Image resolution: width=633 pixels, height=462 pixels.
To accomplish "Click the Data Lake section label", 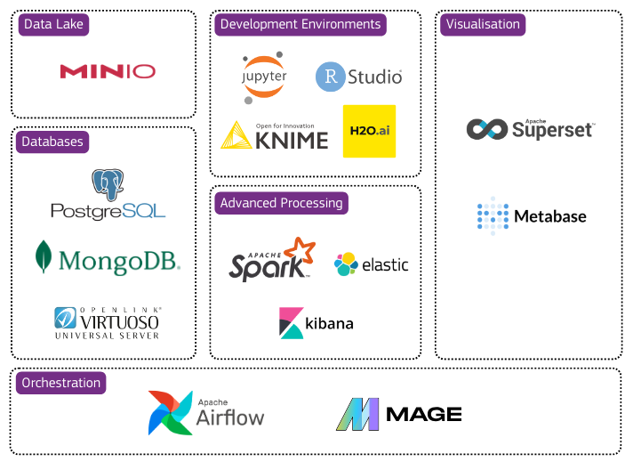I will point(53,25).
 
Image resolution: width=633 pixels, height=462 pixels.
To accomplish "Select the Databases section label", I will point(52,141).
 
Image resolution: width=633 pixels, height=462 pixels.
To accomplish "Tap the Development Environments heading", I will point(300,24).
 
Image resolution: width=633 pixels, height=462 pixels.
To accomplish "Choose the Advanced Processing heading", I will point(281,203).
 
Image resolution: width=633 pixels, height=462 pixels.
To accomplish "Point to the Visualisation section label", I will point(483,24).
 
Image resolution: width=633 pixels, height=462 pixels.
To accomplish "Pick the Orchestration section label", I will point(61,383).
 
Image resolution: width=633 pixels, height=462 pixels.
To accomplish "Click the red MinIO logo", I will point(108,71).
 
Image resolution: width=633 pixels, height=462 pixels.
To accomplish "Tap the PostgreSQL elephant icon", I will point(108,185).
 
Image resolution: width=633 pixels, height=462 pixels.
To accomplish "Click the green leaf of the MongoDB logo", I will point(43,256).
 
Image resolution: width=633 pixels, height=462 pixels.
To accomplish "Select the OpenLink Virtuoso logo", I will point(108,322).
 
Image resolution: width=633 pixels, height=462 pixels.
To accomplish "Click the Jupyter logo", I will point(265,76).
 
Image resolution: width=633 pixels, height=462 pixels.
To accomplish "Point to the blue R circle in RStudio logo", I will point(331,77).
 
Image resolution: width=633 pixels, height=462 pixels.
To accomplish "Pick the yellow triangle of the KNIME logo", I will point(236,135).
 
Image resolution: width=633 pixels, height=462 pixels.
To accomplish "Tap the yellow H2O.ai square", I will point(369,131).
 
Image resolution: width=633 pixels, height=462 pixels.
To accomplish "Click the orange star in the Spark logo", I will point(300,252).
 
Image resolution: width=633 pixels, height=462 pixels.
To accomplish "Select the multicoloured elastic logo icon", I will point(346,263).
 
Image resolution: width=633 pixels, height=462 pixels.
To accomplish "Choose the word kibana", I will point(330,323).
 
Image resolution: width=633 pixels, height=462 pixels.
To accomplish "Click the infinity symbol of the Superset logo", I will point(486,129).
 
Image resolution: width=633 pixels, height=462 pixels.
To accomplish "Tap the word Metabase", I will point(550,216).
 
